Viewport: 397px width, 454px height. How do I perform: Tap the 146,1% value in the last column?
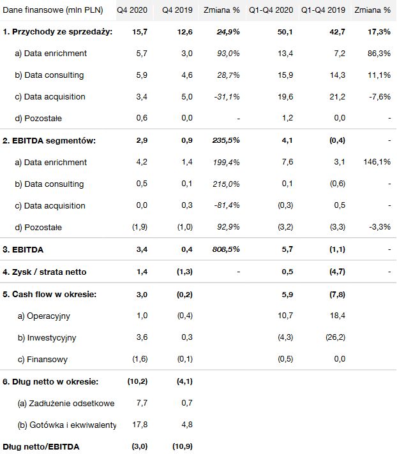pos(377,163)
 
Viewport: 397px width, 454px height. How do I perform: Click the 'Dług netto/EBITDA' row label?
pos(41,446)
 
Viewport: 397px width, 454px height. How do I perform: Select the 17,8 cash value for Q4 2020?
pos(141,425)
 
